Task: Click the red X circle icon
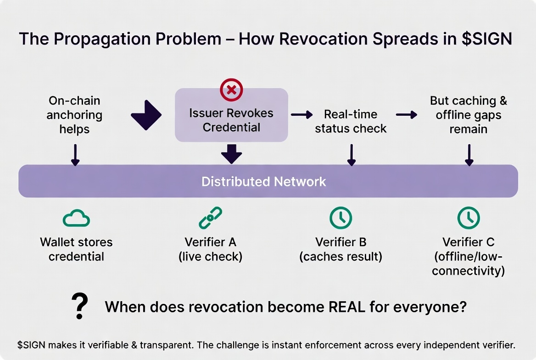click(x=231, y=90)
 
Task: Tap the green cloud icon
click(x=76, y=218)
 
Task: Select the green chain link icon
click(x=211, y=218)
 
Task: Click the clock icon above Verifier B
click(x=341, y=218)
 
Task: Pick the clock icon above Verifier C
click(x=469, y=218)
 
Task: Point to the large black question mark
click(x=80, y=306)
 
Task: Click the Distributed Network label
click(x=263, y=181)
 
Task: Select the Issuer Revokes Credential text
click(x=231, y=120)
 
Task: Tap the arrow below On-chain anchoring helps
click(x=75, y=155)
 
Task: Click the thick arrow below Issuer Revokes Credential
click(x=231, y=154)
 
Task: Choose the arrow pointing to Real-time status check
click(x=302, y=115)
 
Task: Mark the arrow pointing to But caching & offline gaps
click(x=407, y=115)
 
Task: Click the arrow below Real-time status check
click(x=352, y=155)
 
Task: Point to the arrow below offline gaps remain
click(x=469, y=155)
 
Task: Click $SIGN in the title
click(x=487, y=39)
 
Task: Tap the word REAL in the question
click(x=346, y=307)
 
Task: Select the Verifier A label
click(x=211, y=242)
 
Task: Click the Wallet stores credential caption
click(x=76, y=249)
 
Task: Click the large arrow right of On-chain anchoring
click(x=146, y=115)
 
